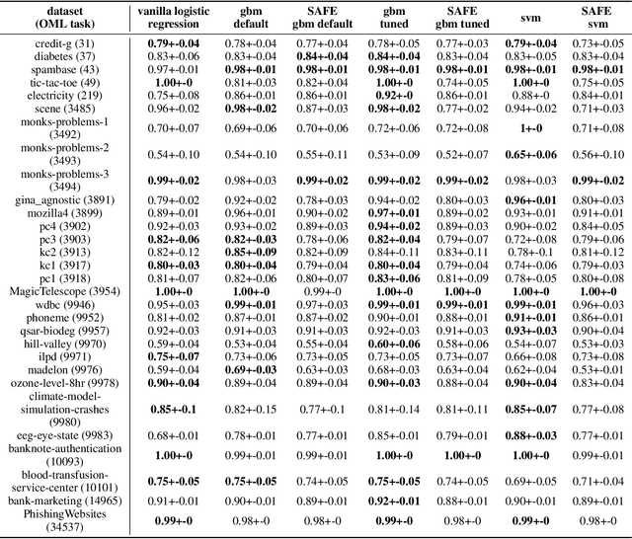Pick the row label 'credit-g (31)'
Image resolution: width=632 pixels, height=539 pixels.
(68, 43)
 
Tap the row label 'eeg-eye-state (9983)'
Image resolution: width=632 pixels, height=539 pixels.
(68, 434)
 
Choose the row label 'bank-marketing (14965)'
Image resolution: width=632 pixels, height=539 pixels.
(68, 500)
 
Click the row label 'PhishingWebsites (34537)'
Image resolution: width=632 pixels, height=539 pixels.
(68, 520)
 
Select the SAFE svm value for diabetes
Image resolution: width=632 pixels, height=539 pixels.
(597, 56)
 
